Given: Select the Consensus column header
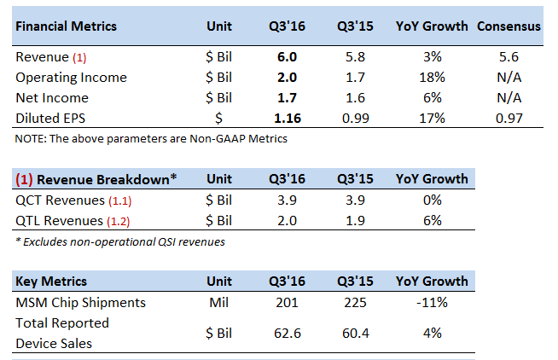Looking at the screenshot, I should click(509, 26).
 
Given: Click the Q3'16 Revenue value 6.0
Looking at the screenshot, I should click(286, 57).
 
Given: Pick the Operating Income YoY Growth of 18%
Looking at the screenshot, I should click(432, 78).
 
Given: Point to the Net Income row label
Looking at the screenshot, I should click(52, 98).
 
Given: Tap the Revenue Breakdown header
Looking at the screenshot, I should click(96, 179).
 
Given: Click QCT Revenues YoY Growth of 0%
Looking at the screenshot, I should click(432, 200).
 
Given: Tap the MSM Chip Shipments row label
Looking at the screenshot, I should click(80, 302).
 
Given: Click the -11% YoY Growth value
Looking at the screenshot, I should click(432, 302).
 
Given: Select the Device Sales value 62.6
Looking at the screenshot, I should click(286, 333).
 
